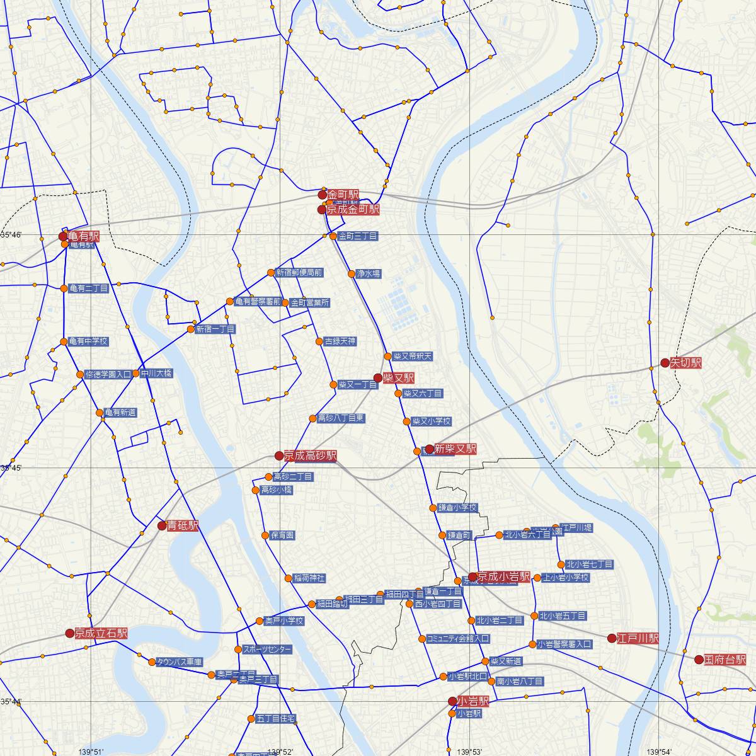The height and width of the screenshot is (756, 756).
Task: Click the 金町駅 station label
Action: (x=343, y=195)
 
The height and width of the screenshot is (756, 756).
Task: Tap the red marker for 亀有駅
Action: (x=63, y=237)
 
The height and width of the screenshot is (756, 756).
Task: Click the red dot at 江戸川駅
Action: (x=611, y=638)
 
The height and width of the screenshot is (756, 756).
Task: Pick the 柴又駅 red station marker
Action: (x=377, y=378)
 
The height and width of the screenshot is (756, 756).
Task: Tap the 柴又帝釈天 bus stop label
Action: (x=413, y=357)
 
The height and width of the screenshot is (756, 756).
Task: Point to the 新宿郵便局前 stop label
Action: (x=299, y=273)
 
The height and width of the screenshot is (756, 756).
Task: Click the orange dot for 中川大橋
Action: (x=135, y=374)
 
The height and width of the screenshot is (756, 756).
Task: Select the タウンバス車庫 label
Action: (x=180, y=662)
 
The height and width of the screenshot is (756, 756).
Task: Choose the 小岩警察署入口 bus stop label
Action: (x=565, y=644)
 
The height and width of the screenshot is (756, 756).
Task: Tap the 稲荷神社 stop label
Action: (x=309, y=578)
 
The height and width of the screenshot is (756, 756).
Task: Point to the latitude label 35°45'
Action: (x=11, y=468)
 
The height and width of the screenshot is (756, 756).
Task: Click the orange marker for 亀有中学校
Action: (x=64, y=342)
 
